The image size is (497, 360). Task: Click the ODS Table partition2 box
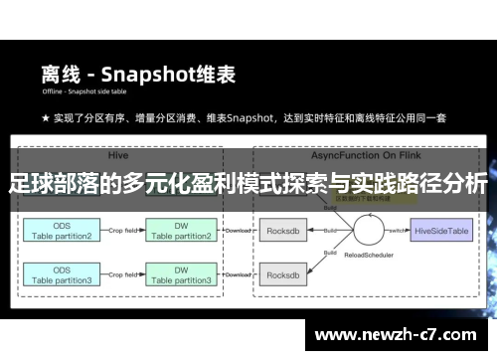point(61,231)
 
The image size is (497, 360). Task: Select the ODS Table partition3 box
point(61,275)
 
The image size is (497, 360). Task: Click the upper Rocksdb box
point(288,230)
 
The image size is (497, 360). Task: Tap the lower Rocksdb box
point(288,275)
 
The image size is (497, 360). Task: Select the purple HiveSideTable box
point(442,230)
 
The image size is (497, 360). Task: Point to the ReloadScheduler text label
point(367,266)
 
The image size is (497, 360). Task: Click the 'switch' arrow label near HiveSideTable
point(399,228)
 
